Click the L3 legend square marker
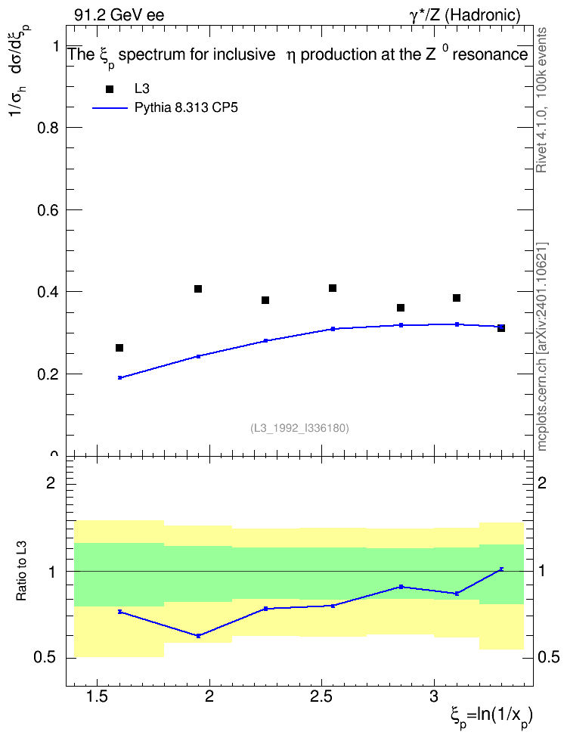click(110, 89)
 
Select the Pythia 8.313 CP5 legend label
click(186, 108)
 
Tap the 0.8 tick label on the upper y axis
click(48, 128)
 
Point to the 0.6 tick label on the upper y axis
click(48, 210)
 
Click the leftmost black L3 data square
click(119, 348)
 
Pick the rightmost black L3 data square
click(501, 328)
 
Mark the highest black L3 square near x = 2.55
click(333, 288)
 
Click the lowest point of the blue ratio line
click(198, 636)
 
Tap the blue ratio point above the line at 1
click(501, 569)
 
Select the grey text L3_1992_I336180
click(299, 428)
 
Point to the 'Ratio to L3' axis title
click(21, 571)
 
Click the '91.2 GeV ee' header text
click(119, 15)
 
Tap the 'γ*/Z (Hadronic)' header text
click(465, 15)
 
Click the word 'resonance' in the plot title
click(491, 55)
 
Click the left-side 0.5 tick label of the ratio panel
click(45, 658)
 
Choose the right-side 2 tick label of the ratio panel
click(542, 482)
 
